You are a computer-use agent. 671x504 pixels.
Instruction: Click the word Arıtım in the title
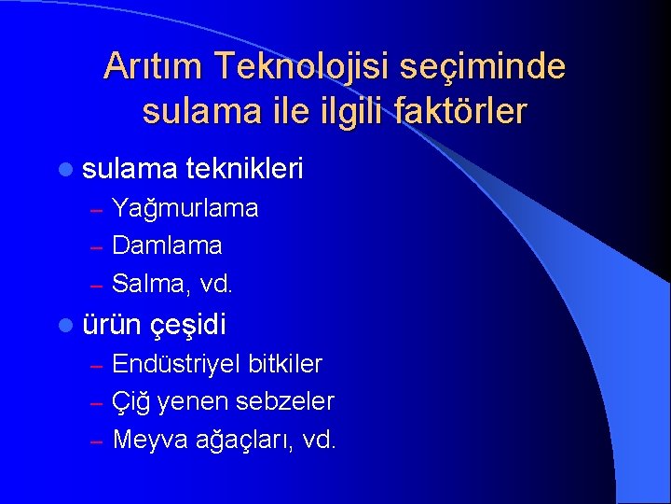point(154,66)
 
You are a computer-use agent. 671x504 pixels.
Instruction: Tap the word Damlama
point(167,246)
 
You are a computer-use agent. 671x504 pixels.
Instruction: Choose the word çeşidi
point(190,326)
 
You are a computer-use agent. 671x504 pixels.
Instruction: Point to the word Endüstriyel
point(176,363)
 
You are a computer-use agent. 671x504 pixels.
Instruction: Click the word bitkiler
point(285,363)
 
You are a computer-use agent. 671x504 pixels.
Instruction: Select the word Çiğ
point(130,401)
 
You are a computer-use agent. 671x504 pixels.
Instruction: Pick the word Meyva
point(146,440)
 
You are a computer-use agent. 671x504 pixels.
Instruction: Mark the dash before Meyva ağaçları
point(96,441)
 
